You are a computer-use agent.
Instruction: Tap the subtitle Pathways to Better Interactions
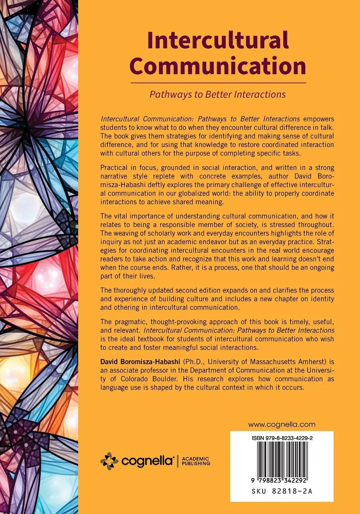[x=217, y=94]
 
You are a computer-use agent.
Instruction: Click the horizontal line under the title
[x=218, y=82]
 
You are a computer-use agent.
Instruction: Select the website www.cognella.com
[x=281, y=424]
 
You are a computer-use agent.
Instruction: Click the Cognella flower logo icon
[x=109, y=461]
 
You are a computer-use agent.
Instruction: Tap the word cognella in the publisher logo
[x=147, y=461]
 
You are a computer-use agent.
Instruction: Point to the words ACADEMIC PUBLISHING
[x=196, y=461]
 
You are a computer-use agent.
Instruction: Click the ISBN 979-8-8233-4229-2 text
[x=282, y=438]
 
